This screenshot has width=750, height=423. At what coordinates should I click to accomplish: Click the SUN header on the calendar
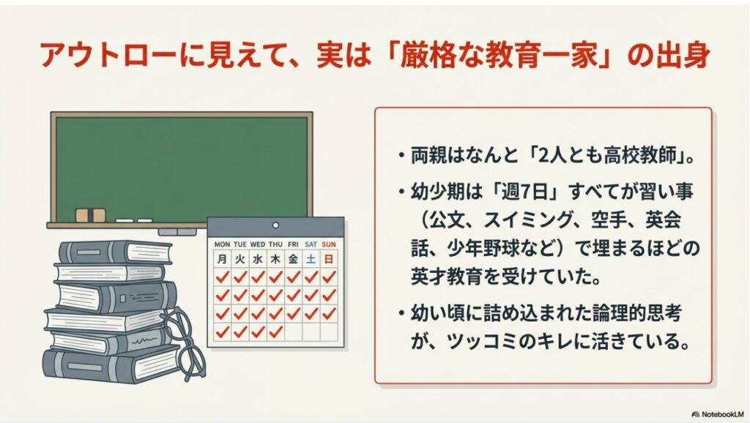pyautogui.click(x=330, y=244)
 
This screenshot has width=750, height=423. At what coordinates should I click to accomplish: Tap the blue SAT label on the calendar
pyautogui.click(x=311, y=244)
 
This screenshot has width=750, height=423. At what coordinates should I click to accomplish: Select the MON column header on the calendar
pyautogui.click(x=221, y=244)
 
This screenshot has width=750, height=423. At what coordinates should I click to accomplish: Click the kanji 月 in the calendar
pyautogui.click(x=221, y=258)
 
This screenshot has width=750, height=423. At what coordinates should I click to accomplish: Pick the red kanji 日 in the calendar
pyautogui.click(x=330, y=258)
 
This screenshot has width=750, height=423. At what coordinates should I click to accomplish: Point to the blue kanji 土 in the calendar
pyautogui.click(x=311, y=258)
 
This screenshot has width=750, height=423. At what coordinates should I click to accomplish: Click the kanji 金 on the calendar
pyautogui.click(x=293, y=258)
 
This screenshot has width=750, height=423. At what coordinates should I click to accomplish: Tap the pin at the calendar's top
pyautogui.click(x=275, y=225)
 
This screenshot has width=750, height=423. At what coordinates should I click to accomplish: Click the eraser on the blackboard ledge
pyautogui.click(x=91, y=215)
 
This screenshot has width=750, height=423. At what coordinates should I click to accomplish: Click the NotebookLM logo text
pyautogui.click(x=720, y=413)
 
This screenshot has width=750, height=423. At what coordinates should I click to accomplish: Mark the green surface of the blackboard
pyautogui.click(x=179, y=165)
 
